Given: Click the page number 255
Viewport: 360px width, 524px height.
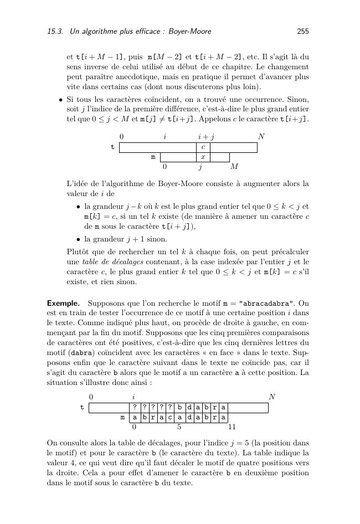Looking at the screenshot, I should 302,32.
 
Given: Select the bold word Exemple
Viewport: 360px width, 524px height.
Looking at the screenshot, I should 64,304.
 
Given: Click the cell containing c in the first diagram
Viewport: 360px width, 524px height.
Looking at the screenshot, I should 203,147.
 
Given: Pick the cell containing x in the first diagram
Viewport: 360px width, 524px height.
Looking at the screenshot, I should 203,157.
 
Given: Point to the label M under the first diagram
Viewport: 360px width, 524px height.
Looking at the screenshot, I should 234,166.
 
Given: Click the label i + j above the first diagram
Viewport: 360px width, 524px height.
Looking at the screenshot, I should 206,136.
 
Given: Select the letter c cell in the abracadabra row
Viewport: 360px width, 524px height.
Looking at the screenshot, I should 171,417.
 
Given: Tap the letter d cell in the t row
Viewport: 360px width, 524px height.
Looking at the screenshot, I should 189,408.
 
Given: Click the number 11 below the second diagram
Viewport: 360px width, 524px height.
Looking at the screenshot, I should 232,427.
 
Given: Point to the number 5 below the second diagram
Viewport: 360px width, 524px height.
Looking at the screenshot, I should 179,427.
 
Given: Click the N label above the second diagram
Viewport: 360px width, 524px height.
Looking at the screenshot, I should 271,397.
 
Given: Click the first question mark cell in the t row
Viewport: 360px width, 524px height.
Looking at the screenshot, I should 134,408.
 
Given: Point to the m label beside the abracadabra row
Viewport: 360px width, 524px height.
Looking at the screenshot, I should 122,417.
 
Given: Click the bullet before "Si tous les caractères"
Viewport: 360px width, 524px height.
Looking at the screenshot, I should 60,100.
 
